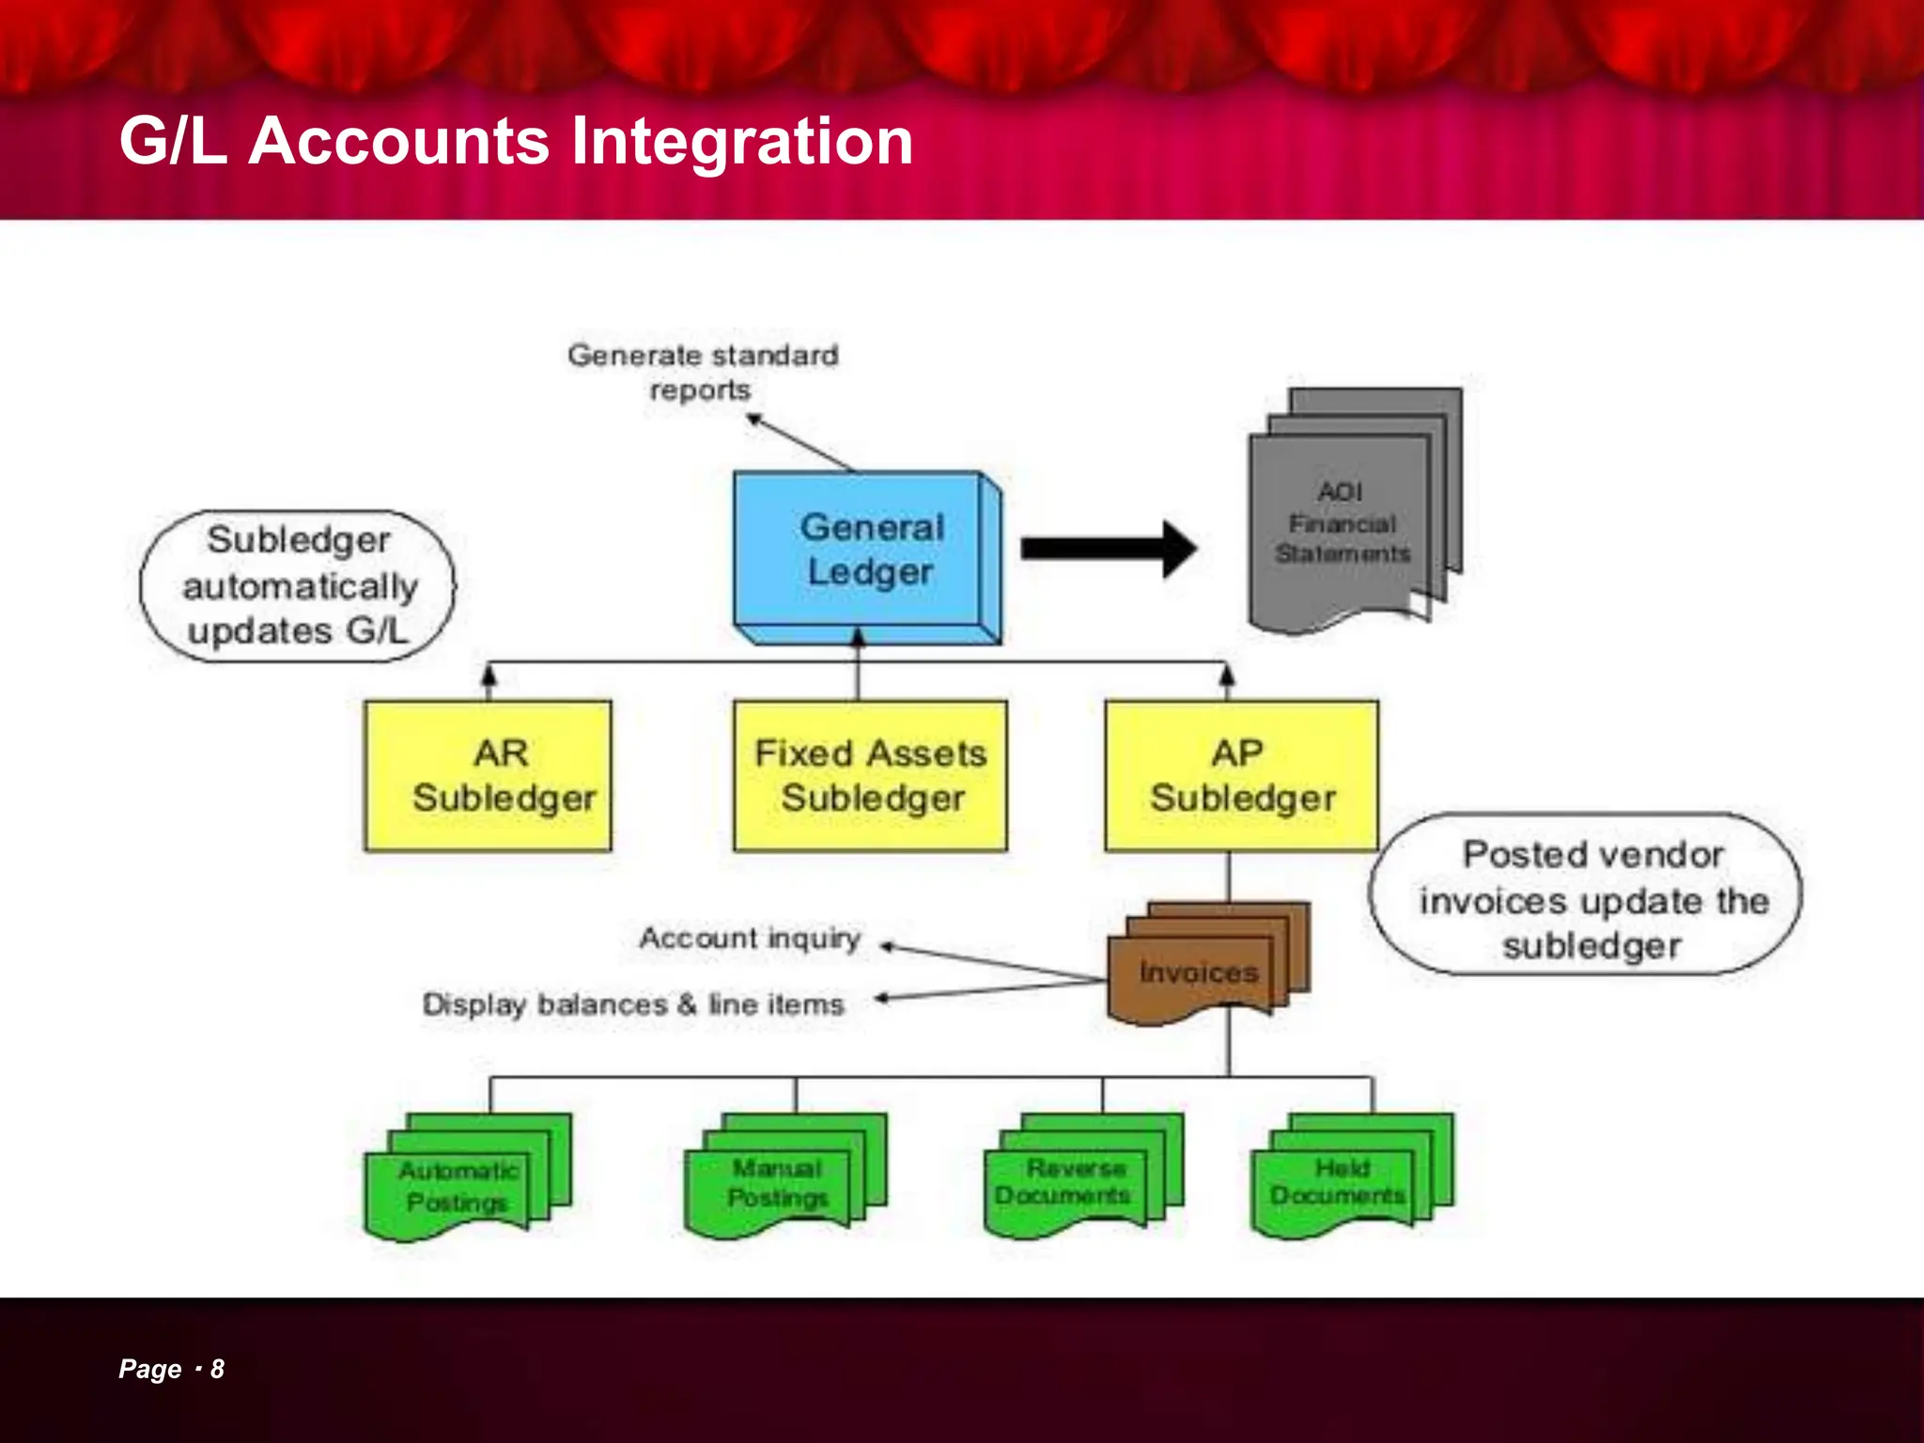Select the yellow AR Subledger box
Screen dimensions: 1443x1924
click(488, 776)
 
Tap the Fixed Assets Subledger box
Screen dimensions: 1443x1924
click(870, 776)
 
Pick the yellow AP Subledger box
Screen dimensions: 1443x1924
click(1241, 776)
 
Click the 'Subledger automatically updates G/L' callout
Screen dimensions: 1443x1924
click(298, 586)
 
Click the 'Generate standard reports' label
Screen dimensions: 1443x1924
click(702, 372)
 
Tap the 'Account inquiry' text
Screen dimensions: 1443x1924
click(750, 938)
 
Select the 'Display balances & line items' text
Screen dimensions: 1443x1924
click(633, 1004)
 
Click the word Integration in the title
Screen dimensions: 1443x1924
click(741, 141)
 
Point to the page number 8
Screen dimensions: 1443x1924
click(217, 1369)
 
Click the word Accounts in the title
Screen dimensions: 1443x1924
click(398, 141)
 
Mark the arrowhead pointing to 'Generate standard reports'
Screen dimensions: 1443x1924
click(753, 419)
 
